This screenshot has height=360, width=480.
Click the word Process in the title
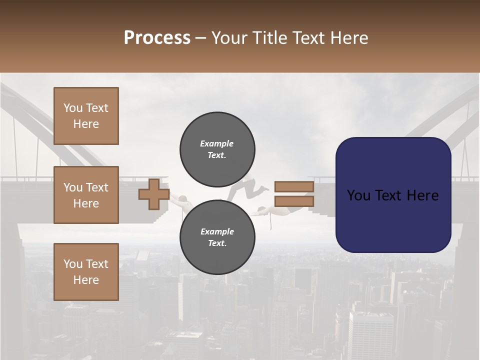tap(157, 38)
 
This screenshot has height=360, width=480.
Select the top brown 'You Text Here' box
tap(86, 116)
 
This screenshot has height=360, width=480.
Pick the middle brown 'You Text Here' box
tap(86, 195)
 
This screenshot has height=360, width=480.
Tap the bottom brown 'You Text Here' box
tap(86, 271)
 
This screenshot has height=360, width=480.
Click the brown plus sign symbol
tap(153, 194)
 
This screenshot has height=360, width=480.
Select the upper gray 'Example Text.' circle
tap(217, 149)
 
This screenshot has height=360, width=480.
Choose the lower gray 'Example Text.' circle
tap(217, 237)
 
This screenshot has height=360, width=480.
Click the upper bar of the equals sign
tap(294, 187)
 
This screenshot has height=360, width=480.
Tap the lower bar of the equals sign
tap(294, 201)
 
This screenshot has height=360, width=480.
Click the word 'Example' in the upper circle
tap(217, 143)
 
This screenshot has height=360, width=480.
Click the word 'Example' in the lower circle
tap(217, 231)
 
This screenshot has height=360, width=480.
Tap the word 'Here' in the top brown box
tap(86, 124)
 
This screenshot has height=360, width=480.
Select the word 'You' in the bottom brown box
tap(73, 263)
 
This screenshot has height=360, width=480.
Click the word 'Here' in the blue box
tap(422, 195)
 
